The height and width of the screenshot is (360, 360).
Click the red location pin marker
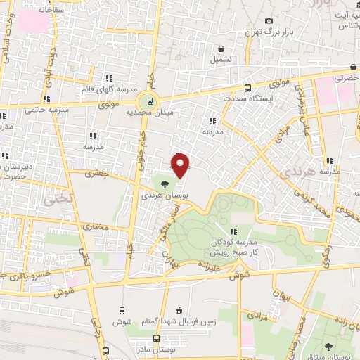click(181, 165)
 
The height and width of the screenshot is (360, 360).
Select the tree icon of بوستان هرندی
click(164, 184)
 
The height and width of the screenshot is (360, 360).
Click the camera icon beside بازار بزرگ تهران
click(268, 21)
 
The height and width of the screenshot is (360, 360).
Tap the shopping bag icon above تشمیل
click(221, 49)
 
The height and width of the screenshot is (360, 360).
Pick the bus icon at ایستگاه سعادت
click(247, 88)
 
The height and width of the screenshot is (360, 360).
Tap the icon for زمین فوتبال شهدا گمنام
click(179, 310)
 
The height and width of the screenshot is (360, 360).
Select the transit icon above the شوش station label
click(122, 309)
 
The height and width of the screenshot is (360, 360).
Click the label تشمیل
click(222, 60)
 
